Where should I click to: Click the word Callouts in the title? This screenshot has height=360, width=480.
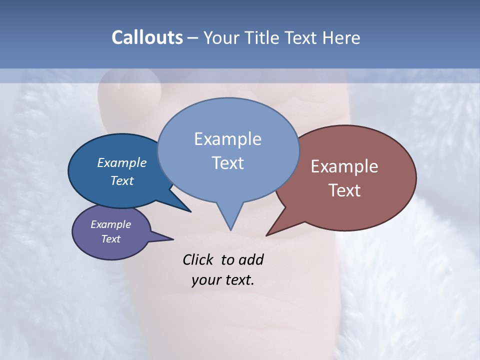[x=147, y=37]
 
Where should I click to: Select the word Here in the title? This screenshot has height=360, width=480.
[x=341, y=37]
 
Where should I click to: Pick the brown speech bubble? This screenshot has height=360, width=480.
[x=380, y=210]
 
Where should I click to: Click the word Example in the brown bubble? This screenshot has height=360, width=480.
[x=344, y=166]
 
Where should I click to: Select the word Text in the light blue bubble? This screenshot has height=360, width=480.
[x=228, y=163]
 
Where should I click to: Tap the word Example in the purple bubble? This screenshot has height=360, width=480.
[x=111, y=224]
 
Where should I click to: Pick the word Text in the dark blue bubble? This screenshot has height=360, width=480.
[x=122, y=180]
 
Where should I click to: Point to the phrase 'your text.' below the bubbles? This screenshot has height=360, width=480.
[x=223, y=280]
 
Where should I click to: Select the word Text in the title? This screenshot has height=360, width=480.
[x=302, y=37]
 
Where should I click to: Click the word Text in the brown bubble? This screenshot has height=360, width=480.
[x=344, y=190]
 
